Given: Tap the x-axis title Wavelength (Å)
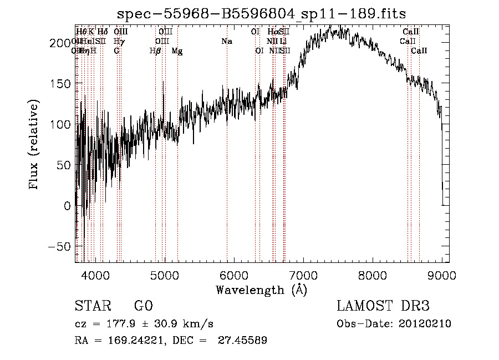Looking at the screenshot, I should pyautogui.click(x=261, y=290).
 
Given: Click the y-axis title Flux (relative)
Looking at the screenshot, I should pyautogui.click(x=35, y=145).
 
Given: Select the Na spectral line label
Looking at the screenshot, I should pyautogui.click(x=226, y=42).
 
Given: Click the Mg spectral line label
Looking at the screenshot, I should pyautogui.click(x=177, y=51).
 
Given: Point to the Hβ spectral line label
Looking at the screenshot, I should pyautogui.click(x=155, y=51).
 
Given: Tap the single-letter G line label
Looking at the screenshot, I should pyautogui.click(x=116, y=51).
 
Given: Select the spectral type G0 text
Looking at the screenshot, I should pyautogui.click(x=143, y=306).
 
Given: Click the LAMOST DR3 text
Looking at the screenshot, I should pyautogui.click(x=383, y=306).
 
